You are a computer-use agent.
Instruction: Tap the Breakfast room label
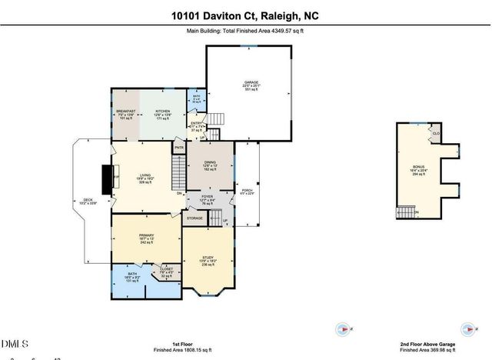click(126, 112)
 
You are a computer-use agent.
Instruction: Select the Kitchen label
click(162, 112)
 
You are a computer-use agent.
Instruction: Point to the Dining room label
click(211, 163)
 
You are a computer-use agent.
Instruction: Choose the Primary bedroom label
click(146, 235)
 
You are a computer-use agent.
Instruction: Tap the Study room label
click(208, 258)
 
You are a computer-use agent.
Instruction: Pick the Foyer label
click(207, 197)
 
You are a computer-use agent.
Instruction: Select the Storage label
click(194, 218)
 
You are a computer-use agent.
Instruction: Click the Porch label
click(247, 191)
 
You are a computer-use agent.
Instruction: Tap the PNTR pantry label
click(179, 147)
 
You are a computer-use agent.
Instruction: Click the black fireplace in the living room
click(107, 175)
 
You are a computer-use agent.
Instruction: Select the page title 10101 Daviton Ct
click(246, 15)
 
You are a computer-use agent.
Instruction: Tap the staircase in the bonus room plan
click(405, 212)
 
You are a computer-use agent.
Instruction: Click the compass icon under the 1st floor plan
click(342, 328)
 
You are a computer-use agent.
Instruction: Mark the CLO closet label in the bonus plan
click(436, 133)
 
